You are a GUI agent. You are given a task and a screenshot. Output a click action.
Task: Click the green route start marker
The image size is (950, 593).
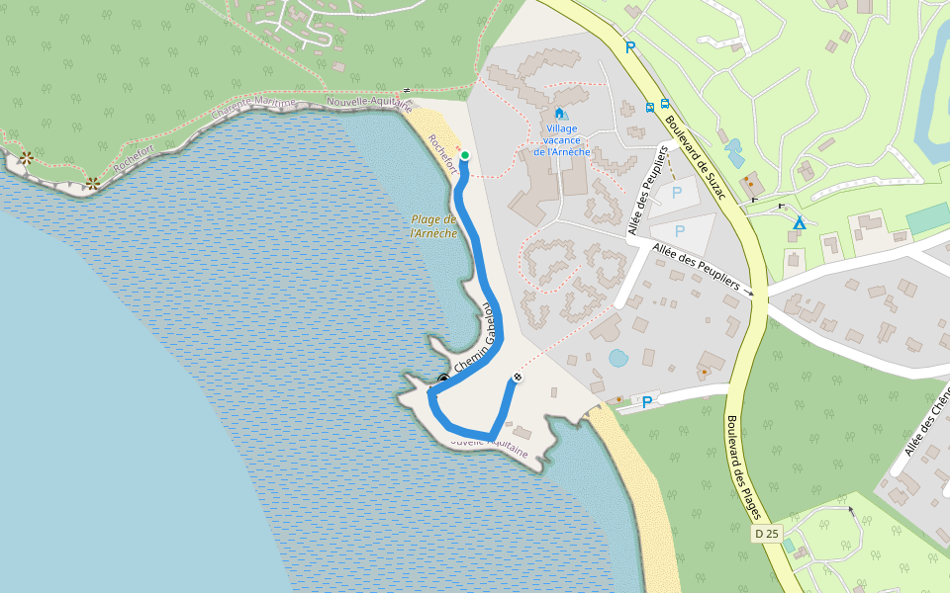(x=464, y=156)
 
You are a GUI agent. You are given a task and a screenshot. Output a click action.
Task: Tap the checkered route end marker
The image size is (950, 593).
(x=517, y=378)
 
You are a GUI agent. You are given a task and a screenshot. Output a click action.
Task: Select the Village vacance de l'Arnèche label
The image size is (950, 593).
(x=561, y=140)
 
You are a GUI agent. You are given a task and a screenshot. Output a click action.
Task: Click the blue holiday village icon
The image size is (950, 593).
(x=561, y=115)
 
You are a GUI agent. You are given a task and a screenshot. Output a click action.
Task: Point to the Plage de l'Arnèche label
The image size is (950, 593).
(x=434, y=226)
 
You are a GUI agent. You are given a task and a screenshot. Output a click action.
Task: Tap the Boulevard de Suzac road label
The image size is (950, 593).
(x=696, y=158)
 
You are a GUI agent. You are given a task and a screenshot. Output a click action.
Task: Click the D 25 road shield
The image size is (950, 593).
(x=767, y=534)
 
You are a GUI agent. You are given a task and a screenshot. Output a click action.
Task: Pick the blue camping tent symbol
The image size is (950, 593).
(x=799, y=223)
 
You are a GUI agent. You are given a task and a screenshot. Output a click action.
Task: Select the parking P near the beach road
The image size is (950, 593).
(x=647, y=402)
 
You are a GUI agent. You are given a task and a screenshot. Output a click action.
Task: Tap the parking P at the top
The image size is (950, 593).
(x=629, y=46)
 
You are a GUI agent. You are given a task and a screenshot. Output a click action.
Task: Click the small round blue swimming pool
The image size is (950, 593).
(x=617, y=358)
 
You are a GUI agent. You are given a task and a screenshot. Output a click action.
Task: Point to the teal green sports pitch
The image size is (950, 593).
(x=927, y=218)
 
